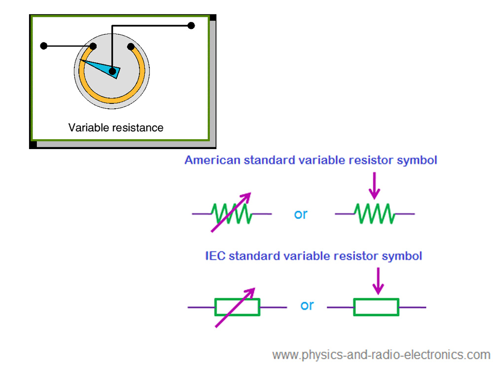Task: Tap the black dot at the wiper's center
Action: tap(112, 72)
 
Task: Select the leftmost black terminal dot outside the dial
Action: tap(44, 46)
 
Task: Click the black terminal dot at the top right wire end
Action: tap(191, 25)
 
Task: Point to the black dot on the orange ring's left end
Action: tap(93, 47)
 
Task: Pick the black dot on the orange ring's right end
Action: tap(131, 47)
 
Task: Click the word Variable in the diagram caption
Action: tap(87, 128)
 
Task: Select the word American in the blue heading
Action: tap(212, 160)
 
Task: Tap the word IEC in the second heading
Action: tap(215, 256)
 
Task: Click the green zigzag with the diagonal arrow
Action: tap(232, 214)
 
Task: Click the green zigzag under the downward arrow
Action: tap(375, 214)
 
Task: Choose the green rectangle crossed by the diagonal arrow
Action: tap(237, 307)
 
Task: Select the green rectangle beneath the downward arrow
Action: tap(376, 307)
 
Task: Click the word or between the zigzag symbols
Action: tap(300, 215)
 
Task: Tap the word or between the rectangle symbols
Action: tap(307, 306)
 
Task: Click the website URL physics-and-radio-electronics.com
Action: tap(381, 355)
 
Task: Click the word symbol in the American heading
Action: tap(419, 160)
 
